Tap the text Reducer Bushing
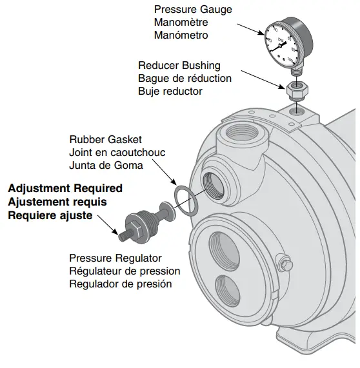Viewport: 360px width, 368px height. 179,66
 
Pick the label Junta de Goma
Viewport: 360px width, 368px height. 105,165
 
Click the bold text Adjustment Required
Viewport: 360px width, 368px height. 65,189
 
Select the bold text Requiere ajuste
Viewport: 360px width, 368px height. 50,215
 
